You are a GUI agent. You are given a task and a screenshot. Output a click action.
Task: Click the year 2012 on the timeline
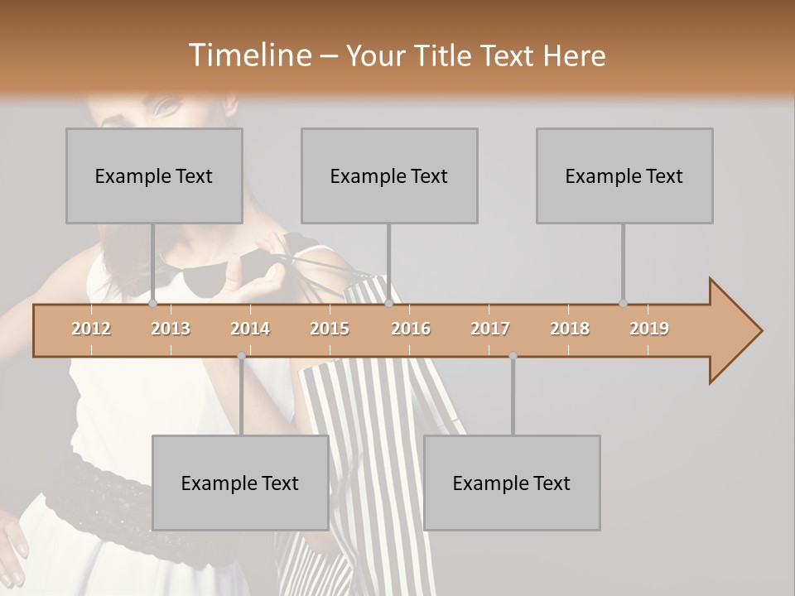coord(91,329)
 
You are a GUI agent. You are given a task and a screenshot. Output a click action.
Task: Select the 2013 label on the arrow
coord(171,329)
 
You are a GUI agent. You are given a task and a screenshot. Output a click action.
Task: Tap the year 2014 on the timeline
coord(250,329)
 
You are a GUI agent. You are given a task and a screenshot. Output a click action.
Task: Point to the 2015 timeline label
coord(330,329)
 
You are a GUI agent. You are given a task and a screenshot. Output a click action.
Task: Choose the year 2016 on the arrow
coord(411,329)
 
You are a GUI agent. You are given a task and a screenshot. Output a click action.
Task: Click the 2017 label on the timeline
coord(490,329)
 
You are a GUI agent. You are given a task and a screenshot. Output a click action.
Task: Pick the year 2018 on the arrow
coord(570,329)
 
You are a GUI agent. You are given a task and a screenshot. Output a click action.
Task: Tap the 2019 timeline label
coord(649,329)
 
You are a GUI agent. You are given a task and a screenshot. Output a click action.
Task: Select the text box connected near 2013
coord(154,175)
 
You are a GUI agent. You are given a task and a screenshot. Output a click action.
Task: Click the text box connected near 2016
coord(389,175)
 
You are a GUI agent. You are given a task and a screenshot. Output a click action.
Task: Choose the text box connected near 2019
coord(624,175)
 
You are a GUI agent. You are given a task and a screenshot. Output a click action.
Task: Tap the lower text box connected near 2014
coord(240,483)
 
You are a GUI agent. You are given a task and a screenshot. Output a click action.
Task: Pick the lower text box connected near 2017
coord(512,483)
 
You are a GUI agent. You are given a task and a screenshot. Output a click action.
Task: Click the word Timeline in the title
coord(248,55)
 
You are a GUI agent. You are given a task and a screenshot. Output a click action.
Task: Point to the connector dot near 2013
coord(153,303)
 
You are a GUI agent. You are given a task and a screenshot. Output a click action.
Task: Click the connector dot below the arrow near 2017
coord(513,356)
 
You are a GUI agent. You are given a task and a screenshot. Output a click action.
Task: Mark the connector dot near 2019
coord(623,303)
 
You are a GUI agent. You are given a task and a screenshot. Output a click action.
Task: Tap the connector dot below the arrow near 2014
coord(241,356)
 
